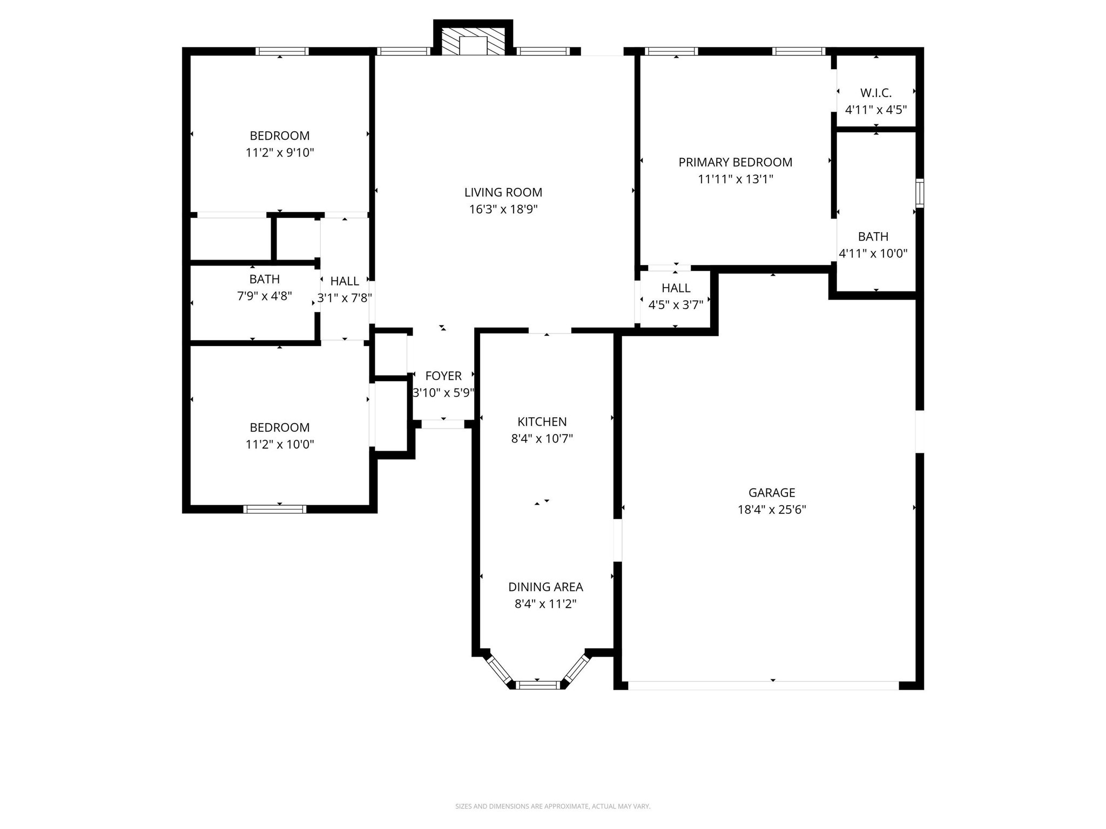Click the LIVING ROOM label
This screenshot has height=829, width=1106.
coord(503,192)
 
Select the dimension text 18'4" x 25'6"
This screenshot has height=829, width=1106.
coord(772,509)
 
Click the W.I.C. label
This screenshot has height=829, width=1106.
coord(875,93)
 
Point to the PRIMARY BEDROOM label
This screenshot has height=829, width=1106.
coord(735,162)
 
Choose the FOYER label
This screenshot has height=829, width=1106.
coord(443,376)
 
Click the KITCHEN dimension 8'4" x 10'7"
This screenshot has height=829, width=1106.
coord(542,438)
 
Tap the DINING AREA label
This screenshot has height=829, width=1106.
coord(545,587)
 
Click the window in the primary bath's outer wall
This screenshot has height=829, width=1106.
coord(919,193)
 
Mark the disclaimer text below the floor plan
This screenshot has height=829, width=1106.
coord(552,806)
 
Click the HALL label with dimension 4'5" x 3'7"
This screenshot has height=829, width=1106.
coord(676,288)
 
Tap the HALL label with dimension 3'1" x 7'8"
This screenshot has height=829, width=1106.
coord(345,281)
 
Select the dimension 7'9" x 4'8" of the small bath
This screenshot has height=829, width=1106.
coord(264,296)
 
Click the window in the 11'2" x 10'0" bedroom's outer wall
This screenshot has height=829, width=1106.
coord(275,509)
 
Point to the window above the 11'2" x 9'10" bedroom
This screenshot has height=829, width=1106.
coord(282,51)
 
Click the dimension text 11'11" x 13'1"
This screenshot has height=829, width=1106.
coord(735,179)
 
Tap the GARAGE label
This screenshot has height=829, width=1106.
coord(772,492)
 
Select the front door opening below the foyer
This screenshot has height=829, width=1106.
coord(443,424)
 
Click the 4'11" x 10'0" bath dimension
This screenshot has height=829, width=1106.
coord(873,253)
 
